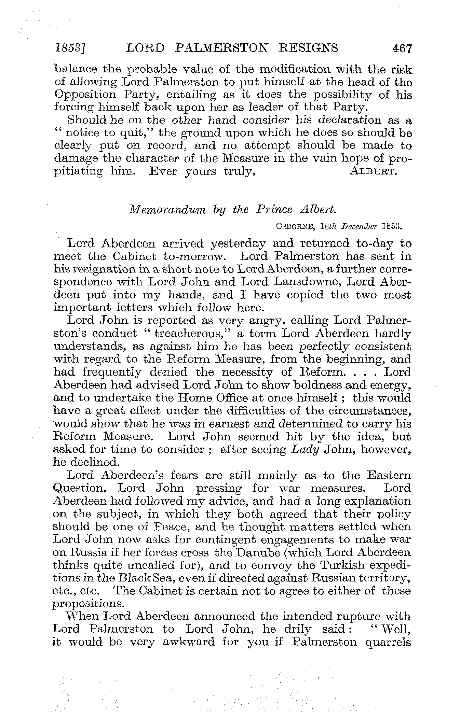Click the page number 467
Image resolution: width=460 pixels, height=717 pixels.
pyautogui.click(x=403, y=48)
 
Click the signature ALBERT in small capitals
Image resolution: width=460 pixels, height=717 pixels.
pyautogui.click(x=374, y=171)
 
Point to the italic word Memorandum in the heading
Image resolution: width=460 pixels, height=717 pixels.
pyautogui.click(x=167, y=210)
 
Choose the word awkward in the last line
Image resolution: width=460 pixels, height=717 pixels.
pyautogui.click(x=189, y=642)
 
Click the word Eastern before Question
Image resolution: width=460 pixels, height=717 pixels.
pyautogui.click(x=387, y=475)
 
